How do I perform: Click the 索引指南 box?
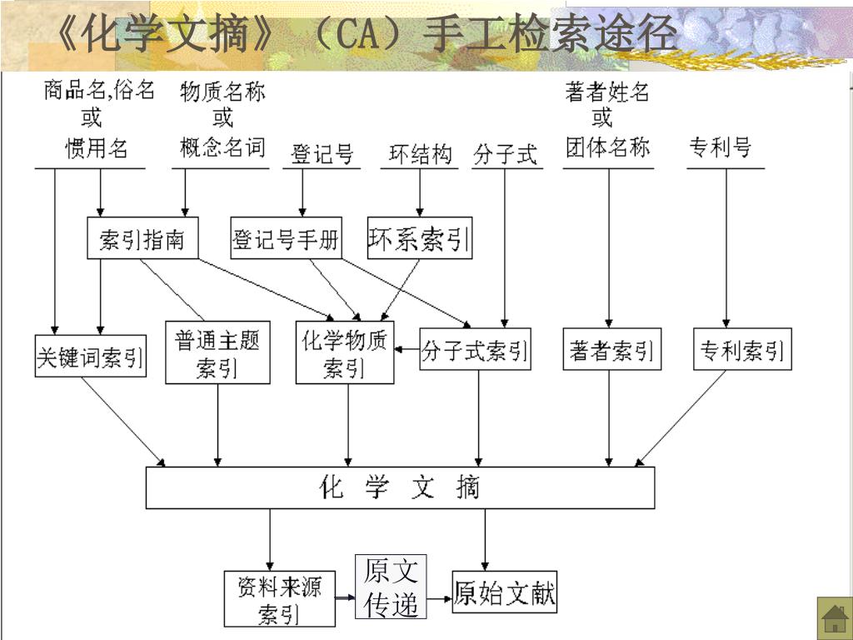tap(142, 239)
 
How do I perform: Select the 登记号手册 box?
tap(286, 239)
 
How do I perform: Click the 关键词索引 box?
tap(90, 356)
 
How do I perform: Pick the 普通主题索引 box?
tap(217, 352)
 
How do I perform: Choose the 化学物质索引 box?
tap(345, 352)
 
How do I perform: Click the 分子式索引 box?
tap(475, 349)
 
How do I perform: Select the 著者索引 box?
tap(611, 350)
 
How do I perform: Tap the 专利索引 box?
tap(742, 350)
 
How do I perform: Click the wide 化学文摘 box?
tap(400, 487)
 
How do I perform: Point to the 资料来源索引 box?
tap(279, 598)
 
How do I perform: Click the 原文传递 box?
tap(391, 587)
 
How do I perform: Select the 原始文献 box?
tap(504, 592)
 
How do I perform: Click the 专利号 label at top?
tap(720, 148)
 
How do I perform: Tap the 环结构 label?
tap(421, 154)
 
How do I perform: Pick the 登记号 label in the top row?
tap(322, 154)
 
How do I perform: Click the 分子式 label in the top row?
tap(505, 154)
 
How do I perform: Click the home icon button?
tap(832, 617)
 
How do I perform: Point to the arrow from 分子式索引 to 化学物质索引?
tap(407, 349)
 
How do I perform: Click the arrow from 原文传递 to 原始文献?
tap(439, 597)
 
